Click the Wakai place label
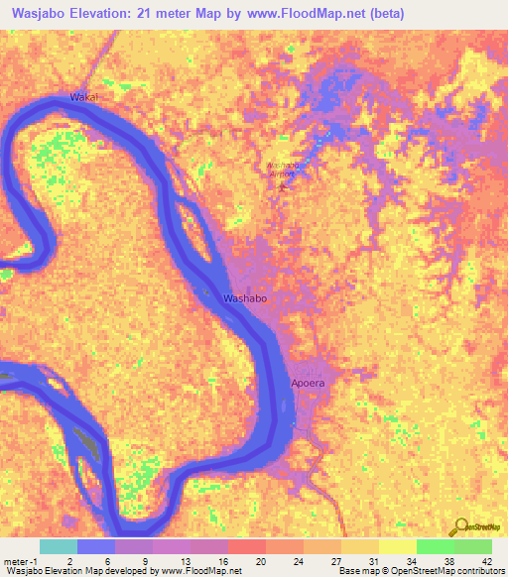pos(85,97)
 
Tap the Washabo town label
pos(243,297)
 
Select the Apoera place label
pos(308,382)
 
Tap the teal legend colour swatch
pos(59,546)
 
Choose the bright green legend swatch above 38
pos(435,546)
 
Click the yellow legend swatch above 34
pos(397,546)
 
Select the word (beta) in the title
pos(383,13)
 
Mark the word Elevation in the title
pos(107,13)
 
